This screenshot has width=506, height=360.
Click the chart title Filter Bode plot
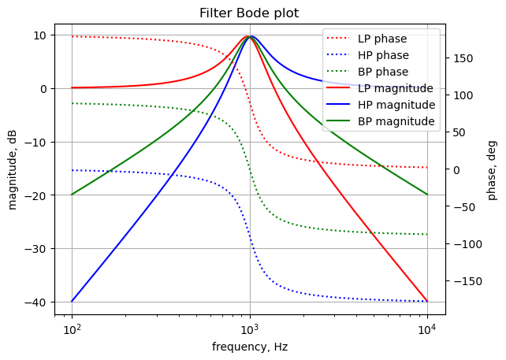point(249,13)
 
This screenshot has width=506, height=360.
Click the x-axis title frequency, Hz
point(249,347)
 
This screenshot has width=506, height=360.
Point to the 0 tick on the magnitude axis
point(44,88)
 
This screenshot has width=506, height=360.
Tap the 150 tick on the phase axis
point(462,58)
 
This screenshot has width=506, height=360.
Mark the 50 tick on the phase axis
point(459,132)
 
